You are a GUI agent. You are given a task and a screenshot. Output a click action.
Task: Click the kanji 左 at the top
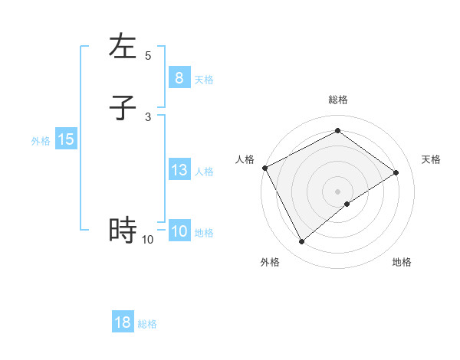click(123, 47)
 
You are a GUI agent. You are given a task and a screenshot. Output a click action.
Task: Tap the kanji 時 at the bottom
click(123, 230)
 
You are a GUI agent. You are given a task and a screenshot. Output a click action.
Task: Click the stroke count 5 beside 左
click(148, 56)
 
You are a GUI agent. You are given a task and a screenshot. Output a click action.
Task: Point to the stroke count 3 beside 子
click(148, 116)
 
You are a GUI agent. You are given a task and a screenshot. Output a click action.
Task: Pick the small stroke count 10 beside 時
click(148, 240)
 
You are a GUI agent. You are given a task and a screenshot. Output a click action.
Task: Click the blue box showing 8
click(179, 77)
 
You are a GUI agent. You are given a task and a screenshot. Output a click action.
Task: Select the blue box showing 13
click(179, 170)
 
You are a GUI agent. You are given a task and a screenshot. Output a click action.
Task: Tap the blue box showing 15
click(66, 139)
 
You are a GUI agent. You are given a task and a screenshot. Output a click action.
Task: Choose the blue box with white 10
click(179, 231)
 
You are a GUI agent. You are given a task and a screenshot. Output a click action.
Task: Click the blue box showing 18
click(123, 322)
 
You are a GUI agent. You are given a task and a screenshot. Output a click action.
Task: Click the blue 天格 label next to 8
click(204, 79)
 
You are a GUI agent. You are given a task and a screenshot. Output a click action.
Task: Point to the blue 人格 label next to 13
click(204, 172)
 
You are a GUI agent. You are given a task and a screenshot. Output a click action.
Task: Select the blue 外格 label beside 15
click(41, 141)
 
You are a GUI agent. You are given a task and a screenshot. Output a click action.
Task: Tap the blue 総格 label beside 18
click(147, 324)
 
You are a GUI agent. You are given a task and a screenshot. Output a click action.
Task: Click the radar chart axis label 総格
click(338, 100)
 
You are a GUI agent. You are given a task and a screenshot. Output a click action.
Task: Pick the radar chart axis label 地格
click(402, 262)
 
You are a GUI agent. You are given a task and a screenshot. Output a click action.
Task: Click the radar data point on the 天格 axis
click(396, 172)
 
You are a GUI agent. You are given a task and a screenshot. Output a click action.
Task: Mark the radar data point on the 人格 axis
click(264, 168)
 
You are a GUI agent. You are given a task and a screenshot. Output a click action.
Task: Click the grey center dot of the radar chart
click(338, 191)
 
